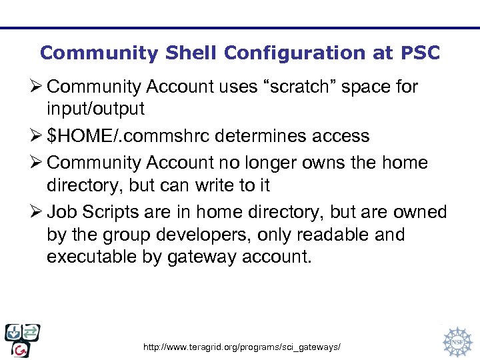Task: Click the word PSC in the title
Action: [421, 53]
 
